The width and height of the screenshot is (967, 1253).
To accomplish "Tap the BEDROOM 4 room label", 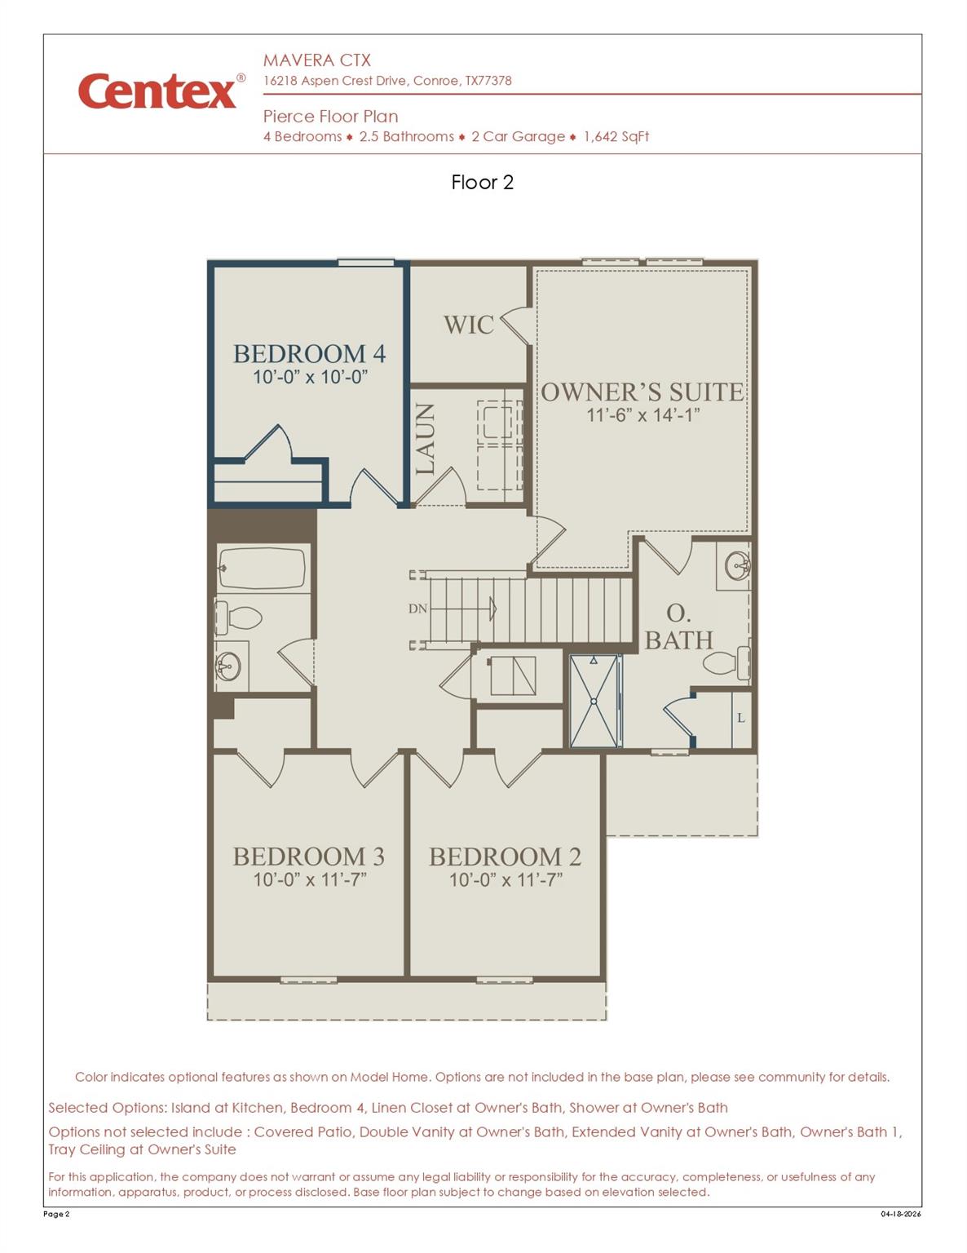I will coord(309,353).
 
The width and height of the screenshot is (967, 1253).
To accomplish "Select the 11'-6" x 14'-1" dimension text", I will coord(642,415).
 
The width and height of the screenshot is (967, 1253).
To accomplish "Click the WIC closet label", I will coord(468,325).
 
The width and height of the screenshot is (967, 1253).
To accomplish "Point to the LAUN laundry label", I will coord(425,439).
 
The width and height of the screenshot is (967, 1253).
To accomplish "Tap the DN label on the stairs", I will coord(417,609).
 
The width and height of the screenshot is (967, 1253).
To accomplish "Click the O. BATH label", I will coord(678,626).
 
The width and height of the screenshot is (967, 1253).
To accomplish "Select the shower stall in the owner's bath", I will coord(594,701).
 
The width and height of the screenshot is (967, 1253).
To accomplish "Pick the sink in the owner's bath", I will coord(737,565).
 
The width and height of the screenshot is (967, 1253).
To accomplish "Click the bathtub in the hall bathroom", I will coord(262,567).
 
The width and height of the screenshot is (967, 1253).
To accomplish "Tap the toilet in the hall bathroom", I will coord(238,618).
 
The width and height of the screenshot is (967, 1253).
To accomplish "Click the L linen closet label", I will coord(740,718).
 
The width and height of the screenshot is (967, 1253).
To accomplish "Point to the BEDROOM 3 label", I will coord(308,857).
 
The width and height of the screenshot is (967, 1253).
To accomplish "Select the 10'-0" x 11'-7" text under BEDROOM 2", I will coord(506,880).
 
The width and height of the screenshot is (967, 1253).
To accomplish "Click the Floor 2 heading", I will coord(482,182).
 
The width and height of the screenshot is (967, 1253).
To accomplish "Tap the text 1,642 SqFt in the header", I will coord(616,137).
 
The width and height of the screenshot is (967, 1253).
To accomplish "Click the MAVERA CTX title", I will coord(316,60).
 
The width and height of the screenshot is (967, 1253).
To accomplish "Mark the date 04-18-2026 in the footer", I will coord(900,1214).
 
